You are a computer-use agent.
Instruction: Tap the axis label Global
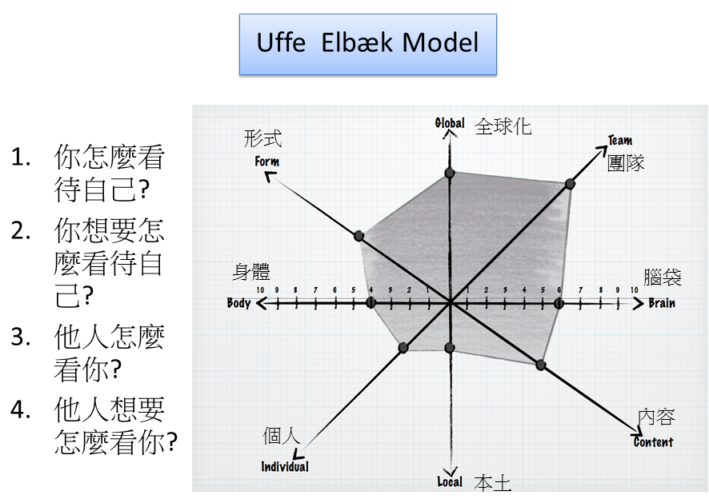pyautogui.click(x=449, y=123)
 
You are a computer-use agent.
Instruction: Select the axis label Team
pyautogui.click(x=619, y=141)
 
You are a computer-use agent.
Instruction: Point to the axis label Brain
pyautogui.click(x=661, y=303)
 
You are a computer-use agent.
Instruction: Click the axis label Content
pyautogui.click(x=653, y=442)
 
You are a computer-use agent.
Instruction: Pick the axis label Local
pyautogui.click(x=450, y=481)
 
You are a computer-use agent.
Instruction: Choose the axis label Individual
pyautogui.click(x=284, y=467)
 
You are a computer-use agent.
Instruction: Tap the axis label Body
pyautogui.click(x=239, y=303)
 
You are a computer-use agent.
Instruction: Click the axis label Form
pyautogui.click(x=266, y=162)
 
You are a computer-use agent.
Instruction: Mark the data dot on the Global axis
pyautogui.click(x=449, y=174)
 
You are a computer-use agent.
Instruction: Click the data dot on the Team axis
pyautogui.click(x=570, y=185)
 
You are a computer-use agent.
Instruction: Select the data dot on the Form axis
pyautogui.click(x=359, y=236)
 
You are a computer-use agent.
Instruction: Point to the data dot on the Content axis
pyautogui.click(x=540, y=365)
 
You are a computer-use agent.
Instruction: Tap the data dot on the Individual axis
pyautogui.click(x=403, y=347)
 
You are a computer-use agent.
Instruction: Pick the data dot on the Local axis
pyautogui.click(x=449, y=347)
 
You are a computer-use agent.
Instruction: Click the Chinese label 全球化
pyautogui.click(x=503, y=126)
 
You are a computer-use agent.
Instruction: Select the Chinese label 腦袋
pyautogui.click(x=663, y=277)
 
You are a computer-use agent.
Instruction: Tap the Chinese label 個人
pyautogui.click(x=282, y=436)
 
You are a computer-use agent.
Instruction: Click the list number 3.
pyautogui.click(x=21, y=337)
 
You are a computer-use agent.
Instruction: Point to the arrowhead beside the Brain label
pyautogui.click(x=638, y=303)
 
